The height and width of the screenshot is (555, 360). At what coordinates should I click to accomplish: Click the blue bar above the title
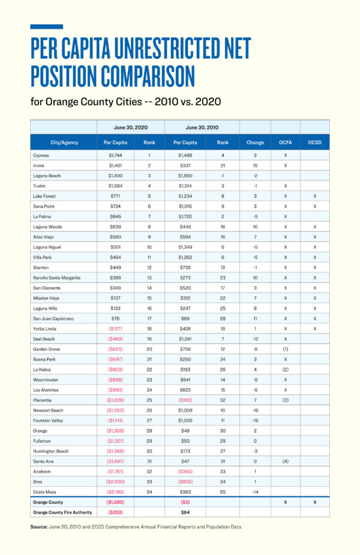[46, 26]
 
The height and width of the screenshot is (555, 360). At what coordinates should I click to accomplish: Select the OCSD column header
[314, 143]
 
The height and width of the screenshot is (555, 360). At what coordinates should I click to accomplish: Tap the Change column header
[255, 143]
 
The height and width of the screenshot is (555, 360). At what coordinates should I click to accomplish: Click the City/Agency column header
[64, 143]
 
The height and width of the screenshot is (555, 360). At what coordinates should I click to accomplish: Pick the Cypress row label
[41, 155]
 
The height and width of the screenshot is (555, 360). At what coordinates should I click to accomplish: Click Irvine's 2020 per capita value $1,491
[115, 165]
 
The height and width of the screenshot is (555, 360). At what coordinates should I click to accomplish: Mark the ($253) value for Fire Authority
[115, 512]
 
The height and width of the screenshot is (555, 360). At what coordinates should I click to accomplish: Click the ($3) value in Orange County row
[185, 502]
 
